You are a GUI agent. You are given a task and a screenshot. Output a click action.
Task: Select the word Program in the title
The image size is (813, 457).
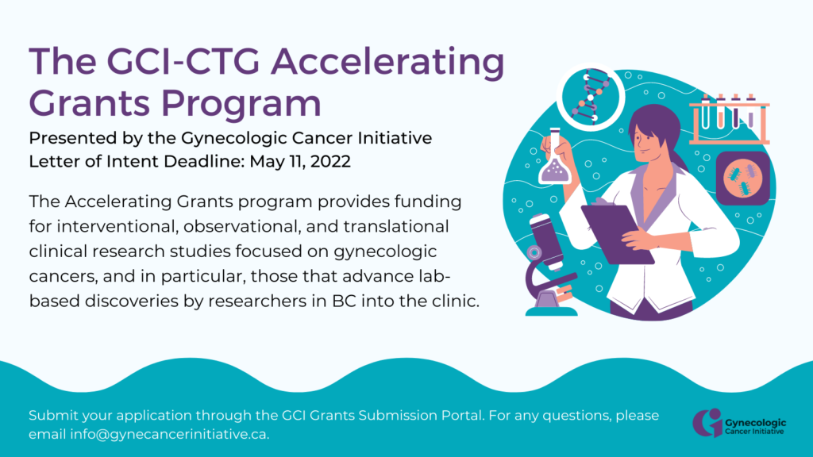click(241, 104)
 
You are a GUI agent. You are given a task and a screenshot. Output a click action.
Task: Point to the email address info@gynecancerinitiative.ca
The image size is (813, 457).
click(170, 434)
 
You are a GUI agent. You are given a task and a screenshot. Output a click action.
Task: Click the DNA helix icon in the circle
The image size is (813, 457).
click(591, 97)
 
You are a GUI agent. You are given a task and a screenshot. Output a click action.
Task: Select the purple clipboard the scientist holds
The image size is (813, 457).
click(617, 233)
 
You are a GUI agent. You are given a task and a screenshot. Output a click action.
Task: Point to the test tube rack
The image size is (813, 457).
click(729, 119)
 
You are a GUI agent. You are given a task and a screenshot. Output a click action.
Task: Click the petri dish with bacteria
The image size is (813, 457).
click(743, 179)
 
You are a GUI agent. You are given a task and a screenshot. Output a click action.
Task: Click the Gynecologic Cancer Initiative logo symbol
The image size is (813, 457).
click(707, 423)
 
